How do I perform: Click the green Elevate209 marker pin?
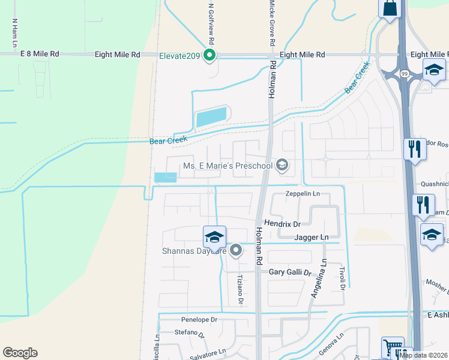pyautogui.click(x=209, y=56)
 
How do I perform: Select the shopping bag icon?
pyautogui.click(x=390, y=8)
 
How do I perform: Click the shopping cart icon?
pyautogui.click(x=392, y=348)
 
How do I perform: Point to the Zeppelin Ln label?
pyautogui.click(x=304, y=194)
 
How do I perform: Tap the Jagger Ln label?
pyautogui.click(x=312, y=238)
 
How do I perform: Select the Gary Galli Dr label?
pyautogui.click(x=291, y=272)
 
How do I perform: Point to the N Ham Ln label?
pyautogui.click(x=14, y=32)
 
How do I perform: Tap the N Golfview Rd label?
pyautogui.click(x=211, y=22)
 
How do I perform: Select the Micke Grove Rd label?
pyautogui.click(x=271, y=23)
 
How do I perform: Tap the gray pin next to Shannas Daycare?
pyautogui.click(x=236, y=250)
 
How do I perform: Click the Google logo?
pyautogui.click(x=20, y=353)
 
